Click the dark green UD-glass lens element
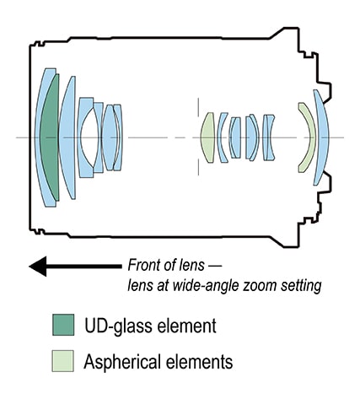[x=50, y=137]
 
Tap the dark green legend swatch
[x=63, y=325]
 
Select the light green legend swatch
[x=63, y=361]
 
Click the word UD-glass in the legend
[x=119, y=326]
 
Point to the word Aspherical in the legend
[x=122, y=362]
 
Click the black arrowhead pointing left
[x=38, y=267]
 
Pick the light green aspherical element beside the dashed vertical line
[x=208, y=137]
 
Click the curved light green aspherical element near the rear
[x=308, y=137]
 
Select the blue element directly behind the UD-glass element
[x=67, y=137]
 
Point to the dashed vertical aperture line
[x=198, y=137]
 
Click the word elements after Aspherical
[x=199, y=361]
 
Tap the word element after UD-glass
[x=186, y=326]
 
